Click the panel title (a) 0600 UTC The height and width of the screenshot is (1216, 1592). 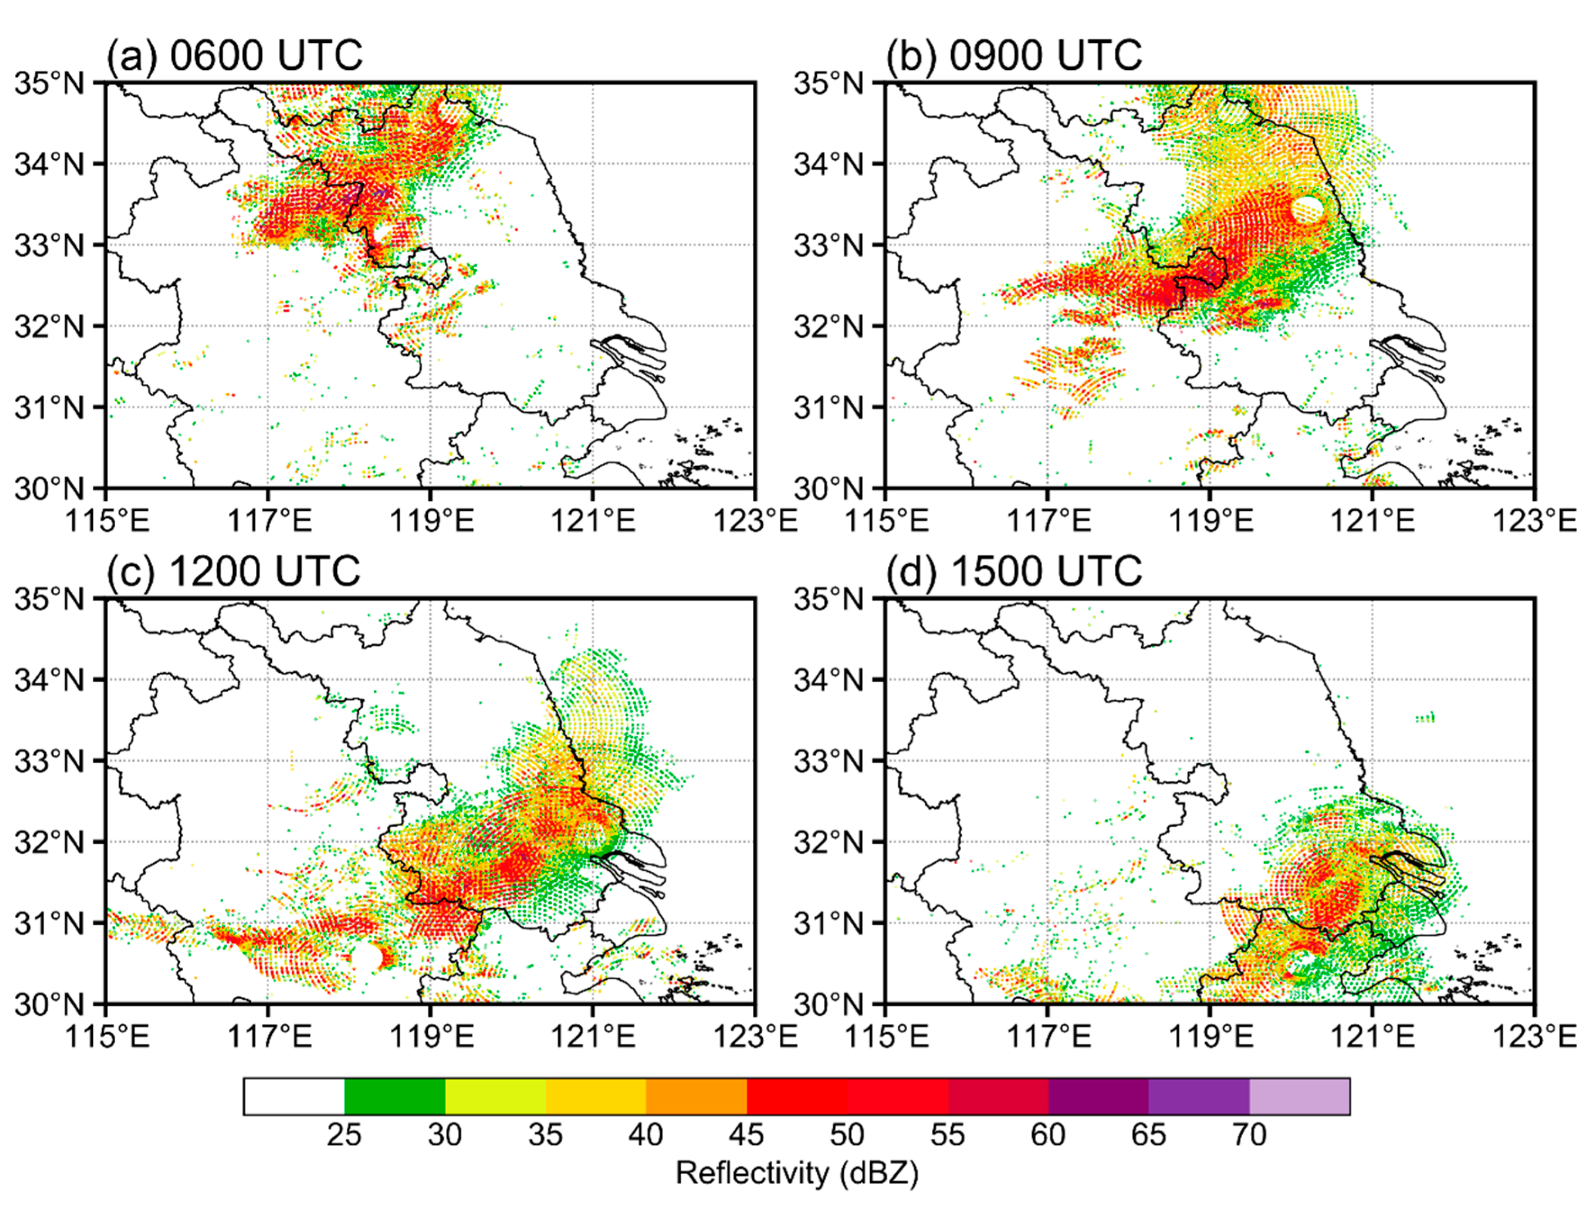coord(234,55)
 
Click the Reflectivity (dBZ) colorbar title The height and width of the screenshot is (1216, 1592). coord(796,1173)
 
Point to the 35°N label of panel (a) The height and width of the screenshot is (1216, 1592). coord(49,84)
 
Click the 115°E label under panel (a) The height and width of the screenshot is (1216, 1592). coord(107,520)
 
